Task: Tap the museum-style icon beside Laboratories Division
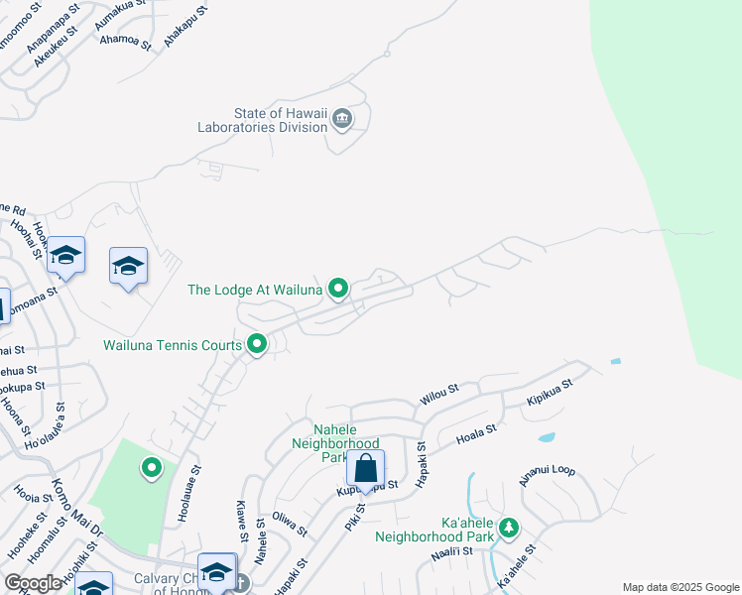tap(342, 120)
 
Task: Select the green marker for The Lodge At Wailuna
tap(338, 290)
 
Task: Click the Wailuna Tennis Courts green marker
tap(257, 345)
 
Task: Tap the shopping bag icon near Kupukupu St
tap(365, 468)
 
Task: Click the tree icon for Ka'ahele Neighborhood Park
tap(509, 527)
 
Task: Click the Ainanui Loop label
tap(547, 473)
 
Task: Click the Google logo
tap(34, 583)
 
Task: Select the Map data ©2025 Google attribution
tap(680, 587)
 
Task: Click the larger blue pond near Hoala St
tap(546, 436)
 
